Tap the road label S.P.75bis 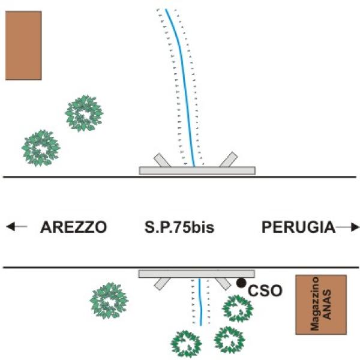[179, 227]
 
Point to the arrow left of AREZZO [16, 227]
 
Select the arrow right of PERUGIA [348, 227]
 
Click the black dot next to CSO [241, 282]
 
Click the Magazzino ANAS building [321, 304]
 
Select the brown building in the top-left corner [23, 46]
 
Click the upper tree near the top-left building [85, 113]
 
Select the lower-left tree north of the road [41, 148]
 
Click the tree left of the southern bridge [109, 301]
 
